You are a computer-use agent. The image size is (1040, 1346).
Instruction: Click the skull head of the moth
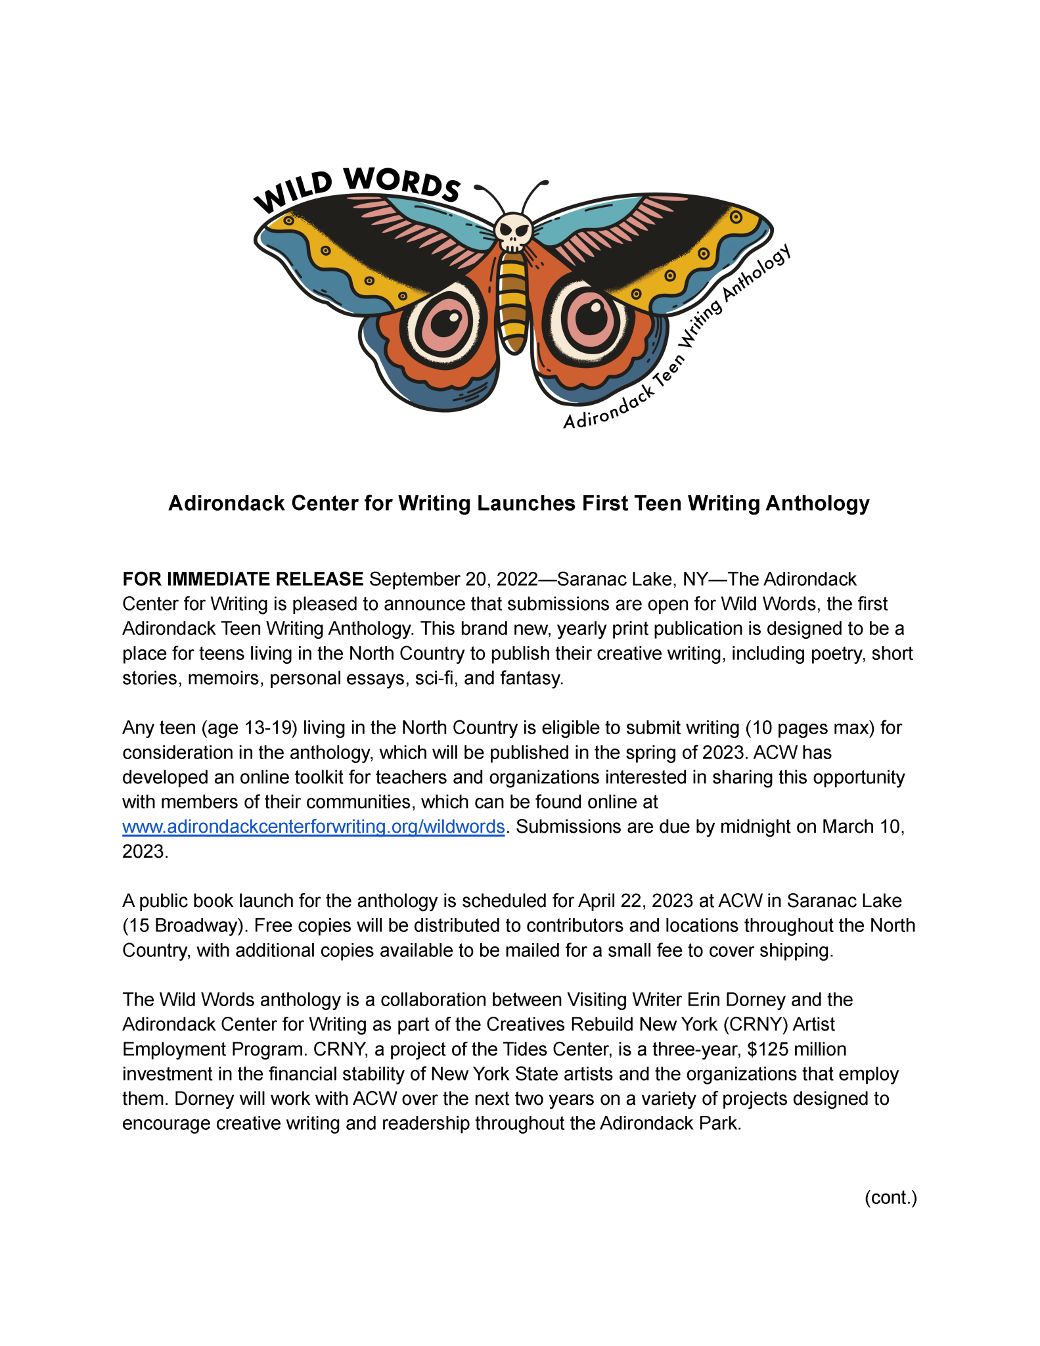[513, 232]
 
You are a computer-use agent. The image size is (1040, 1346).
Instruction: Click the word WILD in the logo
[294, 192]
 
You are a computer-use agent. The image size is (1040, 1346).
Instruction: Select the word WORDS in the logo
[402, 183]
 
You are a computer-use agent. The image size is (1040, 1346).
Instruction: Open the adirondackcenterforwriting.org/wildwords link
[313, 826]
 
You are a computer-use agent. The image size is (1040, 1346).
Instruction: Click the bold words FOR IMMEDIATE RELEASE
[242, 579]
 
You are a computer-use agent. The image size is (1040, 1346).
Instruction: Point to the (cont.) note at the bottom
[890, 1197]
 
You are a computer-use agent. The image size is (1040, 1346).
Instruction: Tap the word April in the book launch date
[598, 900]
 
